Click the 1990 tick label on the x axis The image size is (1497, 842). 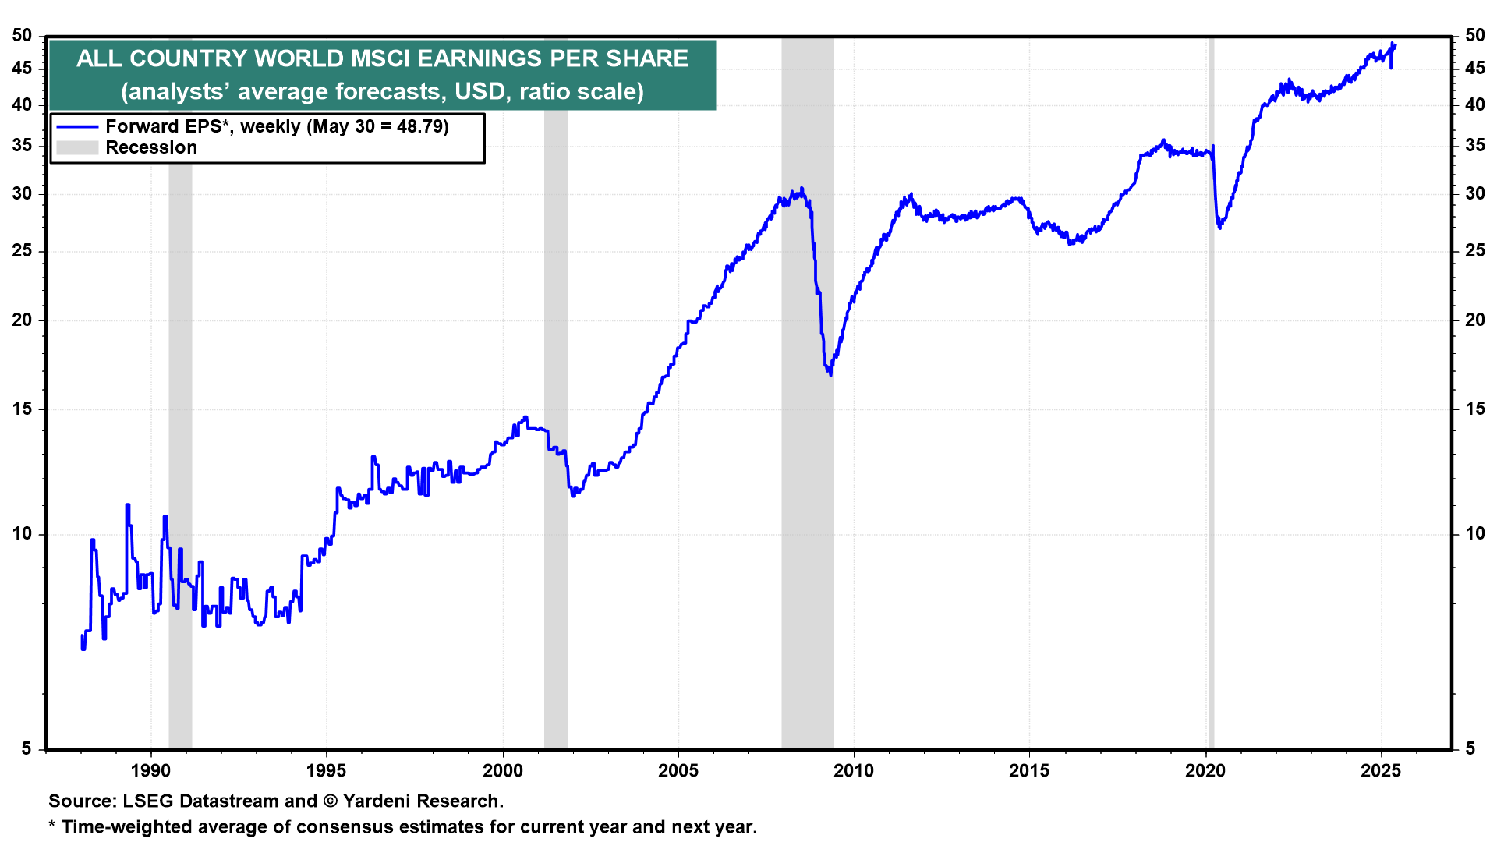click(150, 771)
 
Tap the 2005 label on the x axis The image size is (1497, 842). click(678, 771)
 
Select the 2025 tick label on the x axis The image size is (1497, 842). click(1381, 771)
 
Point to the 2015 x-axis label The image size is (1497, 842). click(1029, 771)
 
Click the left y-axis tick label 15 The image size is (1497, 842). click(23, 409)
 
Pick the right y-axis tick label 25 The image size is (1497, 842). click(1474, 250)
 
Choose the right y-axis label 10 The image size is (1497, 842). click(1474, 533)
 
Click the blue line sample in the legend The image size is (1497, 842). click(77, 126)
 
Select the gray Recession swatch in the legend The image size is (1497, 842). click(77, 147)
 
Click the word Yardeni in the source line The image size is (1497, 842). click(378, 801)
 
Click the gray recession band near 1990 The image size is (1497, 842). click(180, 390)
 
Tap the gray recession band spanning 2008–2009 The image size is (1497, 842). click(808, 468)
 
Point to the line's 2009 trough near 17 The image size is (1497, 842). click(830, 374)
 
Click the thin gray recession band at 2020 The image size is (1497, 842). click(1211, 468)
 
